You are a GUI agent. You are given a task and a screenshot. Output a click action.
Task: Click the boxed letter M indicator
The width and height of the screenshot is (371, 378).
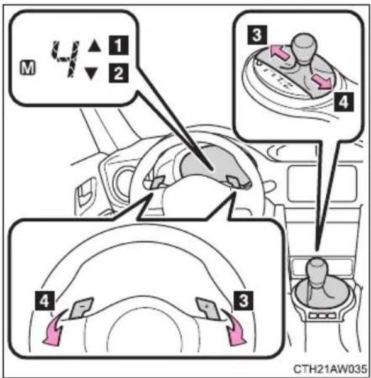click(27, 68)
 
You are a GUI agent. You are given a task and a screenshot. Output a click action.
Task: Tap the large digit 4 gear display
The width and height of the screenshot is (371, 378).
click(65, 59)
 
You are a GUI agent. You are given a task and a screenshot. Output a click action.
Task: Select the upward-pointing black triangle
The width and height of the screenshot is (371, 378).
click(94, 46)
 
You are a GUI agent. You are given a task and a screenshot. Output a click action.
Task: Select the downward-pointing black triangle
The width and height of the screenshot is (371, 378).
click(91, 74)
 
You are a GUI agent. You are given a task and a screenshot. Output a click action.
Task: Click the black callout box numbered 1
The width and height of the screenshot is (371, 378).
click(118, 45)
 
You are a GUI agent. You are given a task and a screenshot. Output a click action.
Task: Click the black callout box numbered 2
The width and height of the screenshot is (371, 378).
click(118, 73)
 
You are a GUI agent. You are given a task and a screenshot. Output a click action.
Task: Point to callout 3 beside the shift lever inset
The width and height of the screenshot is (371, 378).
click(257, 35)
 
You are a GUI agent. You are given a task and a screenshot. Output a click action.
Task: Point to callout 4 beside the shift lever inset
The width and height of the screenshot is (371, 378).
click(344, 103)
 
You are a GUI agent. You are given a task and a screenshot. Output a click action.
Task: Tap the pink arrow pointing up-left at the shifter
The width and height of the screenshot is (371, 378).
click(279, 52)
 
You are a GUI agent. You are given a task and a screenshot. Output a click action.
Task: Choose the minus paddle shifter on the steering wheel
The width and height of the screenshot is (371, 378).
click(82, 308)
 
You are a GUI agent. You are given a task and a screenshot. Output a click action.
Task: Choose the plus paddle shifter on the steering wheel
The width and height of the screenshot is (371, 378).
click(208, 308)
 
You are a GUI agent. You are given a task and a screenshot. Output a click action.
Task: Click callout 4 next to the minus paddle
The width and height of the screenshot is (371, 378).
click(45, 301)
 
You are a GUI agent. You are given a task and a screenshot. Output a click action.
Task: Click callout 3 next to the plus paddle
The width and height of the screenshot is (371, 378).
click(243, 301)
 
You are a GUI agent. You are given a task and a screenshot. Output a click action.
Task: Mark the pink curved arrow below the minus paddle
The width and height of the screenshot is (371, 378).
click(53, 328)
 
